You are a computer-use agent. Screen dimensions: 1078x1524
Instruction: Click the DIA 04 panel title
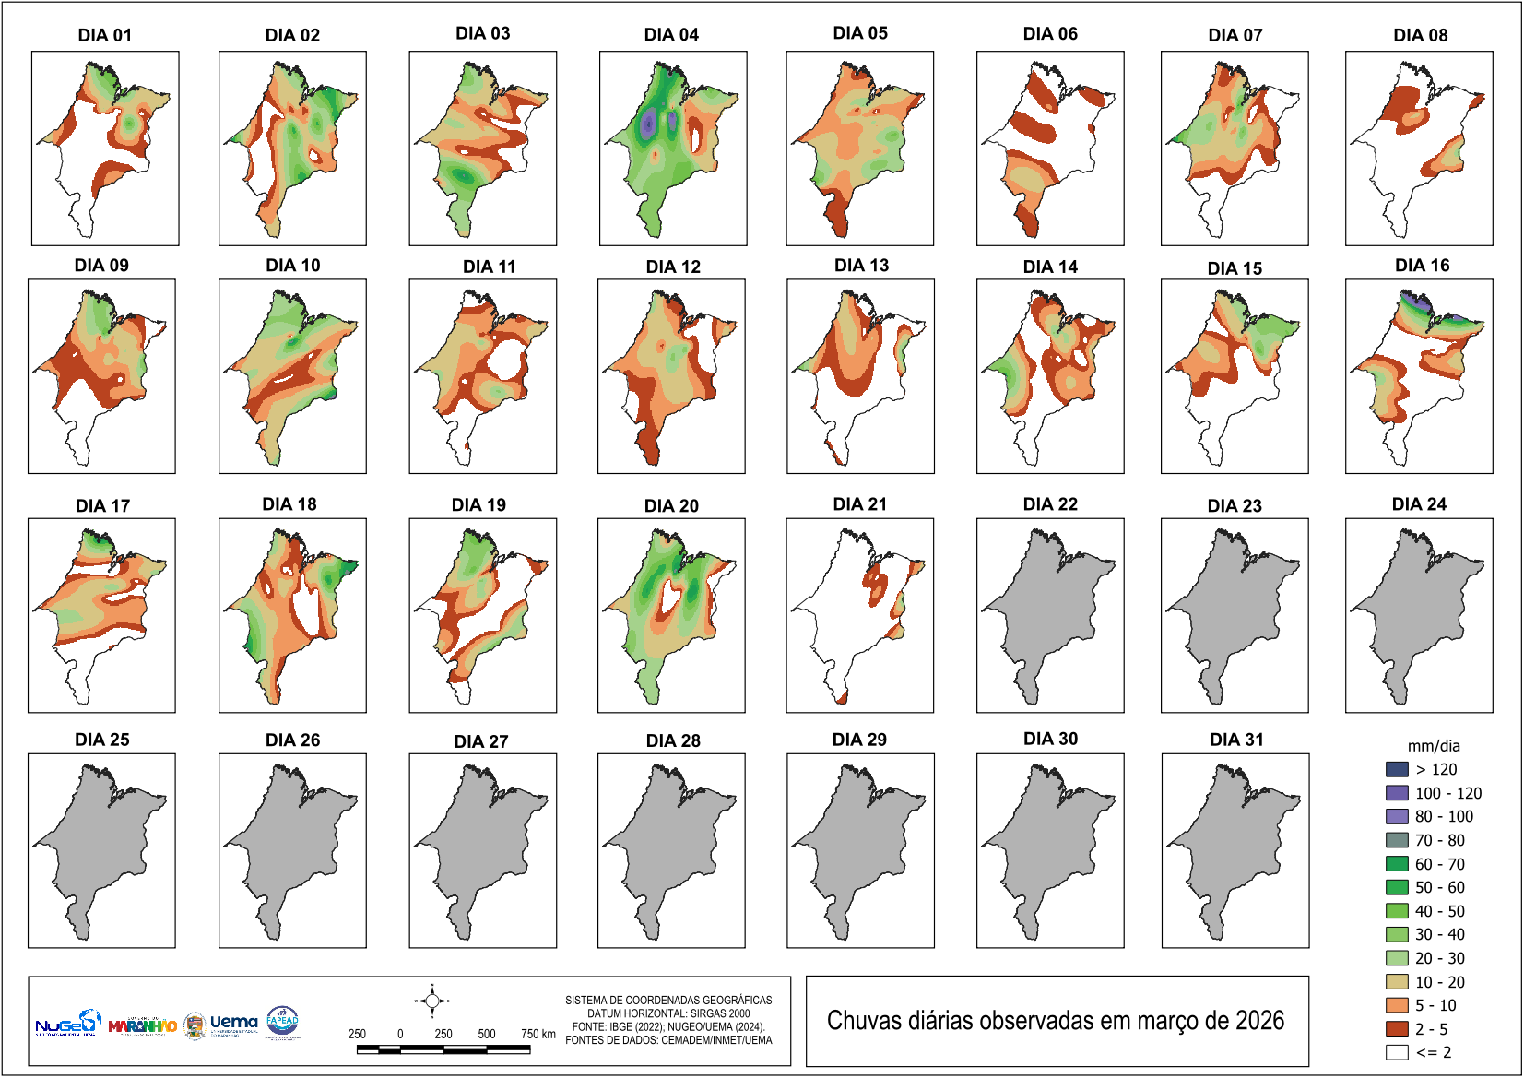click(x=671, y=35)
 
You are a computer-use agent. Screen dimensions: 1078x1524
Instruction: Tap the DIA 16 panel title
click(x=1422, y=266)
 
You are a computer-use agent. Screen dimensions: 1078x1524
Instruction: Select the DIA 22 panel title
click(x=1050, y=504)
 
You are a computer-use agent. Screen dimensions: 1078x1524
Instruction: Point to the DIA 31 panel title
click(x=1236, y=740)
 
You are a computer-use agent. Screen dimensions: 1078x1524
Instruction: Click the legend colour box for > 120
click(x=1397, y=769)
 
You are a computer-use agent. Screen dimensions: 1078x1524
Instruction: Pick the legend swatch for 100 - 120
click(x=1397, y=793)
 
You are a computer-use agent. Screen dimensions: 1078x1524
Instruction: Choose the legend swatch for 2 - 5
click(x=1397, y=1029)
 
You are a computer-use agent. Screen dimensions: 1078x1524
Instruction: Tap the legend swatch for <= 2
click(x=1397, y=1052)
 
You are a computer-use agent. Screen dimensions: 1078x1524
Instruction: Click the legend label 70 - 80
click(x=1439, y=840)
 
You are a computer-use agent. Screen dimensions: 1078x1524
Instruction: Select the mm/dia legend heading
click(x=1434, y=746)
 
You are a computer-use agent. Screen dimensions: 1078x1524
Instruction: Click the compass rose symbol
click(x=431, y=1001)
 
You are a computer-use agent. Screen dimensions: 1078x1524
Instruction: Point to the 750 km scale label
click(x=538, y=1034)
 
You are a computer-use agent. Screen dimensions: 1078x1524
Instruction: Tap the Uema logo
click(x=233, y=1023)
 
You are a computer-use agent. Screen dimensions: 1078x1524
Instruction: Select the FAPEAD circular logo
click(x=282, y=1022)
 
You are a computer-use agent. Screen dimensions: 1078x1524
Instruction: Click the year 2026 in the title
click(x=1259, y=1021)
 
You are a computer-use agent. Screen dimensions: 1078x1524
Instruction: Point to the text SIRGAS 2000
click(x=720, y=1013)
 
